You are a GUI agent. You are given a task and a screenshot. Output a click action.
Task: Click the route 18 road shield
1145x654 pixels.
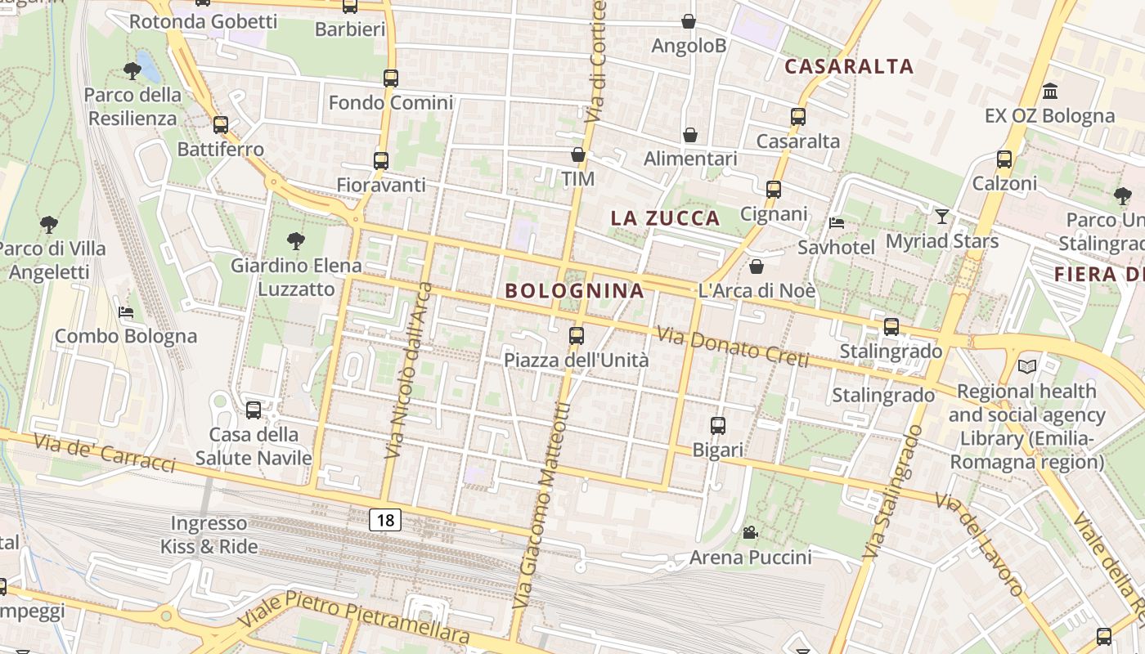pos(384,520)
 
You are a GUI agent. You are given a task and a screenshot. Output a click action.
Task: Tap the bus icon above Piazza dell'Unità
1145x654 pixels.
pos(577,335)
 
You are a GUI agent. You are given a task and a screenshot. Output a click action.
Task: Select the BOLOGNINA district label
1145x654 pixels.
pos(574,290)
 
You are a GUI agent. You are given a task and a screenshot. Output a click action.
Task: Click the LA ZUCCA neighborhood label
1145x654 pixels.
pos(666,218)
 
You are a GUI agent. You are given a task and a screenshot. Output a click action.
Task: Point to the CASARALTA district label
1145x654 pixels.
pos(848,66)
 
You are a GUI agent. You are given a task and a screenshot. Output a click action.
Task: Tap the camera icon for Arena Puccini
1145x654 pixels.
pos(750,533)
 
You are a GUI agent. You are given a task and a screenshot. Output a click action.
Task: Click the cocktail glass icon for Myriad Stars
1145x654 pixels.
pos(942,216)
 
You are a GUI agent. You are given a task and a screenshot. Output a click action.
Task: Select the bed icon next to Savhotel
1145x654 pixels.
pos(837,222)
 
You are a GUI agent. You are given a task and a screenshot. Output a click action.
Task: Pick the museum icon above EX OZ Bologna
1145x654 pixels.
pos(1050,91)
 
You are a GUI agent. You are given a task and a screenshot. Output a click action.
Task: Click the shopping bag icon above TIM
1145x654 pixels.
pos(578,154)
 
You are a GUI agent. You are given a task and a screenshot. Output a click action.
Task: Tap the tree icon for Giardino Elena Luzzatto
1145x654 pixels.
pos(296,241)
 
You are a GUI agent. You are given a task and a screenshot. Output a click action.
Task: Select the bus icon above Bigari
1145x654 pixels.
pos(718,425)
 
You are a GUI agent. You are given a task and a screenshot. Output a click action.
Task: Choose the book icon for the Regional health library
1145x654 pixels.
pos(1027,366)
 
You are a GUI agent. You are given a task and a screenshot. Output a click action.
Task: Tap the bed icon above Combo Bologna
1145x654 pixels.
pos(125,311)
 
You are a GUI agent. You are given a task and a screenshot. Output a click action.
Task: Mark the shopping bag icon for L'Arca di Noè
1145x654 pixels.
pos(757,267)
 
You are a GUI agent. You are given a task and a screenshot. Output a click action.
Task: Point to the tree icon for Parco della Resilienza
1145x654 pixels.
pos(132,71)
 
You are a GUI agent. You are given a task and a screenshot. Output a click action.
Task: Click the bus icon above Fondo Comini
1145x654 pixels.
pos(391,78)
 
